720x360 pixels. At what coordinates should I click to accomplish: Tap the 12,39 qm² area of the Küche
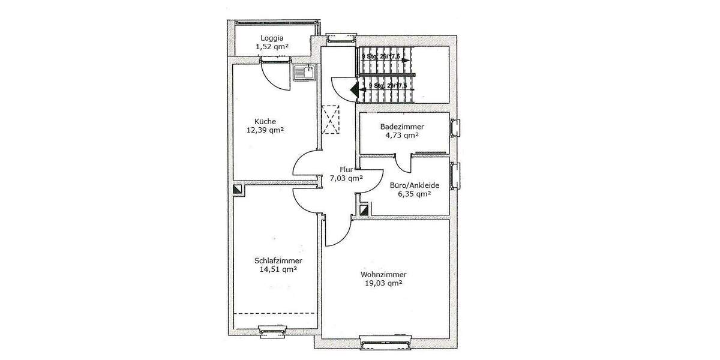pyautogui.click(x=265, y=130)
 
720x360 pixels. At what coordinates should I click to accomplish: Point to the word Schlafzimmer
pyautogui.click(x=278, y=260)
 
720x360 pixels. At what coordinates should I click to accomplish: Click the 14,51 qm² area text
pyautogui.click(x=278, y=269)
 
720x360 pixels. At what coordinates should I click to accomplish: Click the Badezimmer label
pyautogui.click(x=402, y=127)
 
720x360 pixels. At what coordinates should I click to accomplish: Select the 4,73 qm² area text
pyautogui.click(x=402, y=136)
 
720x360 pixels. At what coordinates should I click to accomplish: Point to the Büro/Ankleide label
pyautogui.click(x=410, y=185)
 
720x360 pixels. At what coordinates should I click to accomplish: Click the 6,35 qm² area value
pyautogui.click(x=410, y=194)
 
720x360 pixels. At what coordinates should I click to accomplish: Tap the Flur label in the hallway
pyautogui.click(x=346, y=169)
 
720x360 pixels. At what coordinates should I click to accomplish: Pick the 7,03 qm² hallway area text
pyautogui.click(x=346, y=178)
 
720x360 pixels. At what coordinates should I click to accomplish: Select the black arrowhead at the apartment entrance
pyautogui.click(x=354, y=91)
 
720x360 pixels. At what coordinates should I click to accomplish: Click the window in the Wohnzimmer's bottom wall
pyautogui.click(x=386, y=342)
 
